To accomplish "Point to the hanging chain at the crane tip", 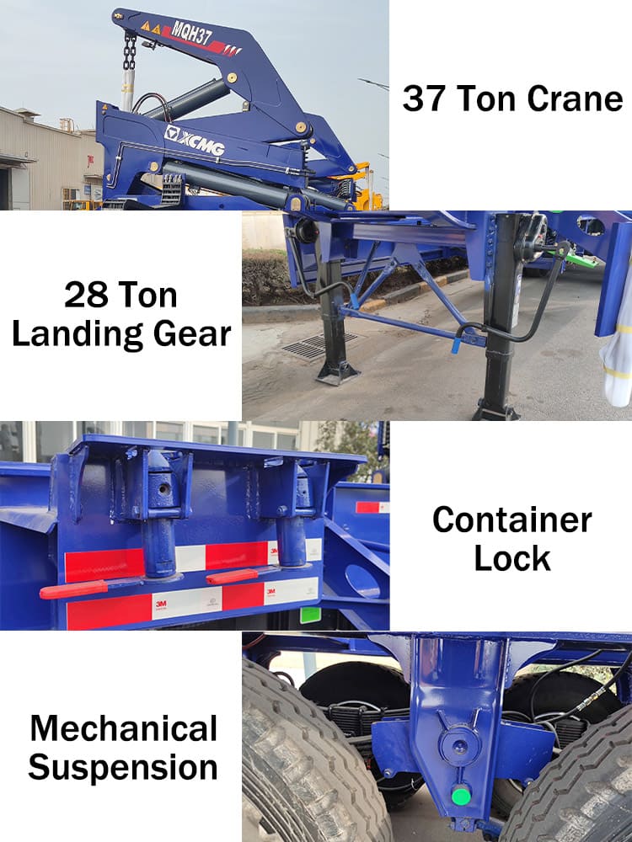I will (130, 52).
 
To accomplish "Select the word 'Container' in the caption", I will (511, 520).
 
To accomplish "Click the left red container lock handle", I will (74, 589).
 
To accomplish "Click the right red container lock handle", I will (232, 577).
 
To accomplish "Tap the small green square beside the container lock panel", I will (310, 615).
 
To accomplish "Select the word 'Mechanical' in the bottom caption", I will (123, 728).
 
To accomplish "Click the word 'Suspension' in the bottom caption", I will (123, 768).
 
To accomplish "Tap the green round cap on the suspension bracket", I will (460, 796).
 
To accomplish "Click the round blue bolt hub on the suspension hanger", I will (455, 744).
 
